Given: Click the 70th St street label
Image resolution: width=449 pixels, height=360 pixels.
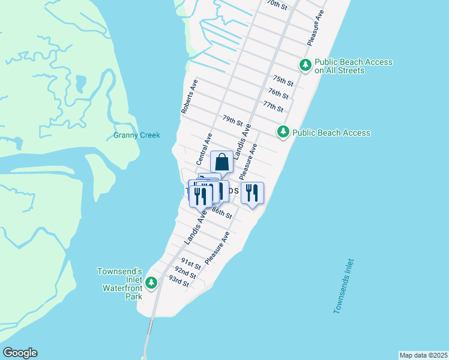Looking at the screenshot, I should click(x=279, y=4).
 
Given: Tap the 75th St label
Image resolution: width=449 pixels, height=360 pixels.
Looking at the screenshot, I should click(x=283, y=80).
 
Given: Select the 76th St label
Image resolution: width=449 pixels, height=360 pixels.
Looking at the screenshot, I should click(x=279, y=94).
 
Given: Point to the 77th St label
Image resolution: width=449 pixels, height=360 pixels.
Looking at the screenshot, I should click(x=273, y=106).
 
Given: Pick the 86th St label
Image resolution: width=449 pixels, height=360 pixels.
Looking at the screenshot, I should click(x=221, y=213).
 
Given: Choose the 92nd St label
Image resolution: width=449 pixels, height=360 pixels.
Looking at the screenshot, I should click(x=185, y=274).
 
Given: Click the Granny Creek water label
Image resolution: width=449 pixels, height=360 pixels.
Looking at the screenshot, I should click(x=137, y=136).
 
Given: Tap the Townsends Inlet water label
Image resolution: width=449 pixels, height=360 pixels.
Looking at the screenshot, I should click(x=345, y=286).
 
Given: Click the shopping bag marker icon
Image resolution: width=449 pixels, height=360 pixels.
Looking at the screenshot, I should click(x=221, y=161).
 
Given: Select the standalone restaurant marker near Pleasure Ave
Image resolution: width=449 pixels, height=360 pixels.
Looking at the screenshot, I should click(x=252, y=193).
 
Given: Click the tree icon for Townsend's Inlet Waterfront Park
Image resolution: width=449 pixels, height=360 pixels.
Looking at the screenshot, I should click(x=152, y=282).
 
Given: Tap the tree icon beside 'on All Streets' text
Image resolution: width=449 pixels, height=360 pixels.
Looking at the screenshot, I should click(x=306, y=65).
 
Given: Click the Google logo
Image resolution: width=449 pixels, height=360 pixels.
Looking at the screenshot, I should click(x=20, y=353).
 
